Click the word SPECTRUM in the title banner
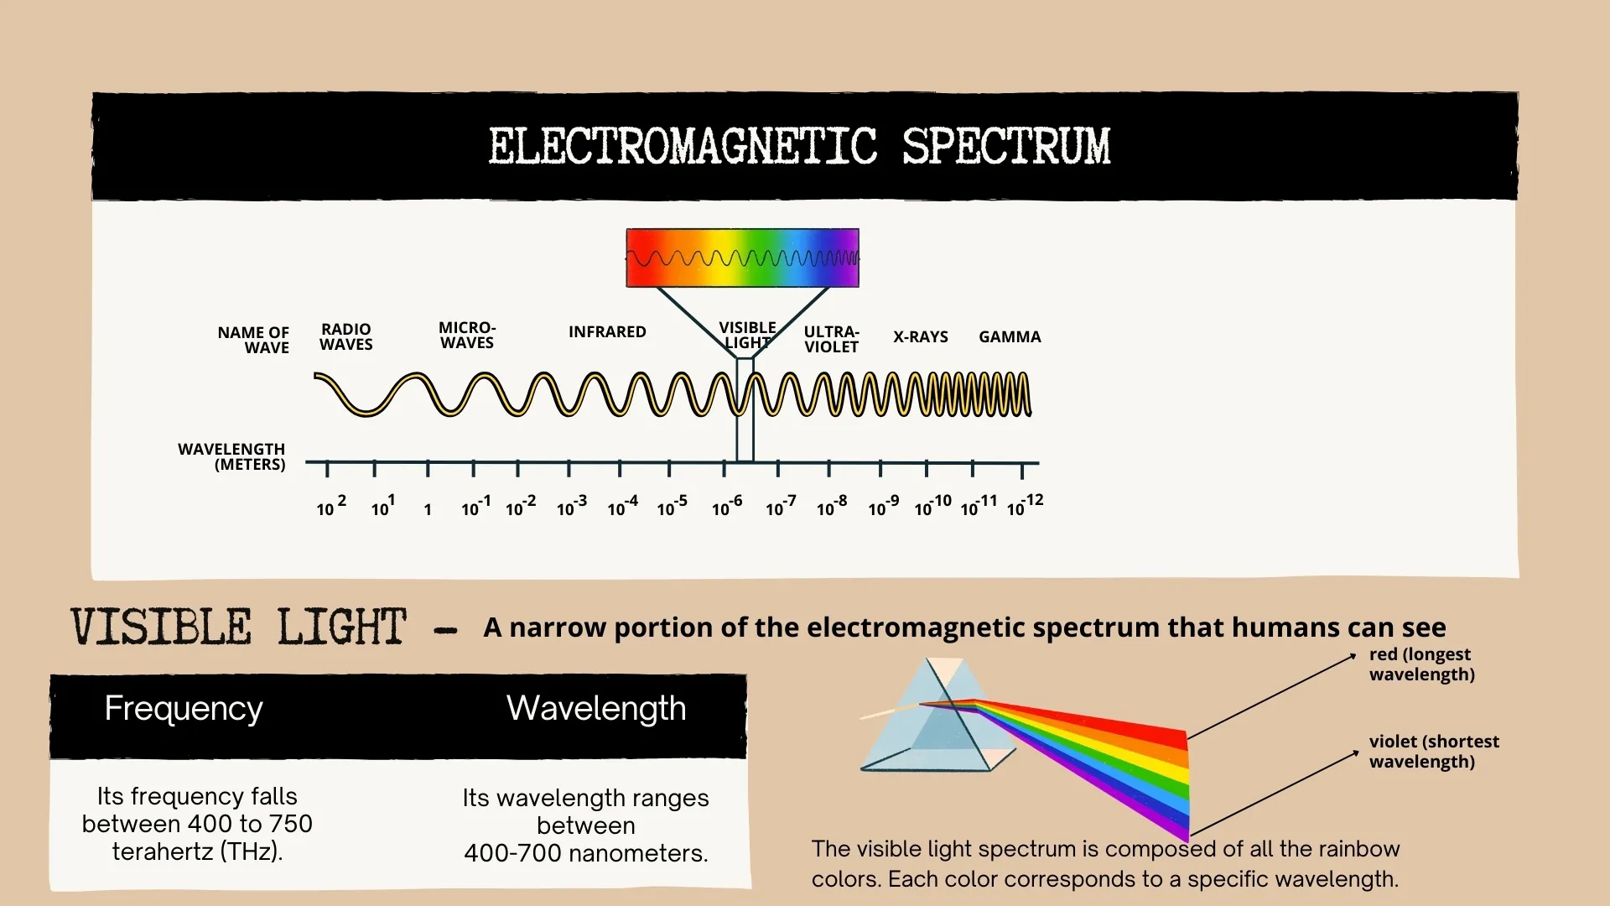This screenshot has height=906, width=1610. tap(1005, 147)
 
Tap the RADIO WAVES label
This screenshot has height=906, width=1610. tap(345, 336)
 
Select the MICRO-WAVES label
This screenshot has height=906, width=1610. tap(467, 335)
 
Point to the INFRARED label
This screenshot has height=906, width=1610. tap(607, 331)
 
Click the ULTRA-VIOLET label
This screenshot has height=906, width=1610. tap(831, 339)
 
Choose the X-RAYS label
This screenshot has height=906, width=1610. tap(920, 336)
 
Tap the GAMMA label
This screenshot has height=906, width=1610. tap(1010, 336)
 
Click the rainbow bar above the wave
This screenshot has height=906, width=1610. tap(742, 258)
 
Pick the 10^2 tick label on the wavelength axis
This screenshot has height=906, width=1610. tap(330, 507)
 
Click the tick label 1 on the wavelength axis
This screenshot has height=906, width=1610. tap(428, 509)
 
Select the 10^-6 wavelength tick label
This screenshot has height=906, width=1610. tap(726, 507)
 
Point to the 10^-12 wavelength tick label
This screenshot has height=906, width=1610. tap(1025, 506)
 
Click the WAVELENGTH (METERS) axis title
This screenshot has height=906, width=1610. tap(232, 456)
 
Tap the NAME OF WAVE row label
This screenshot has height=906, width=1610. tap(253, 340)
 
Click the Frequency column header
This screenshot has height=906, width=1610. tap(184, 709)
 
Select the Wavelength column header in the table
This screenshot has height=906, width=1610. tap(596, 709)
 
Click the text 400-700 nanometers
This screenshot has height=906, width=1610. tap(585, 853)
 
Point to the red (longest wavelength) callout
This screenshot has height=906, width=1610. tap(1421, 664)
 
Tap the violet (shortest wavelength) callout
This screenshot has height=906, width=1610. tap(1433, 752)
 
